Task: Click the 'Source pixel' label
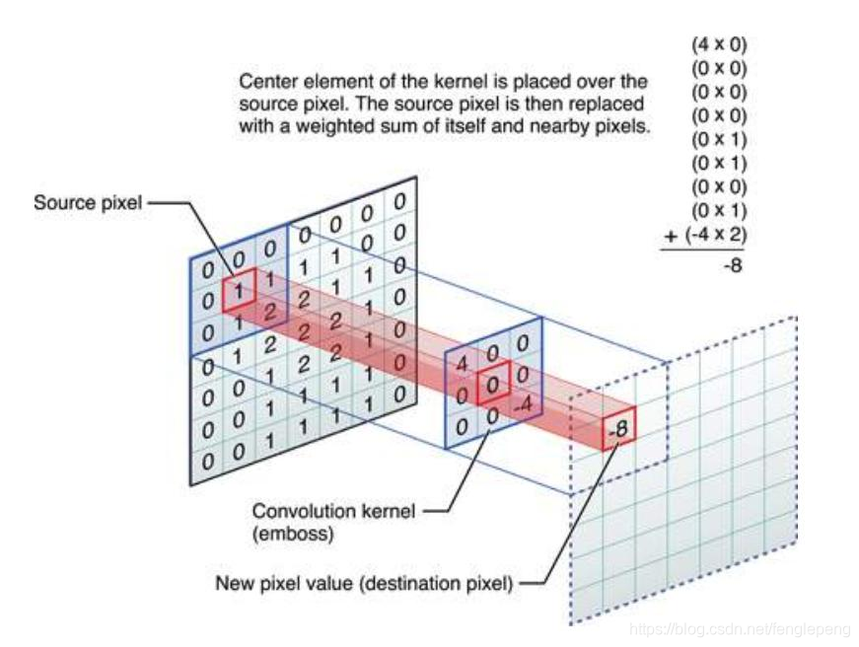click(87, 203)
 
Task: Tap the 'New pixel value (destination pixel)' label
click(365, 583)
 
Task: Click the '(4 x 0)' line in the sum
click(719, 43)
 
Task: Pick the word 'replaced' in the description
click(610, 104)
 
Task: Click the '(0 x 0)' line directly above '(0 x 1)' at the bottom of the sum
click(719, 185)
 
